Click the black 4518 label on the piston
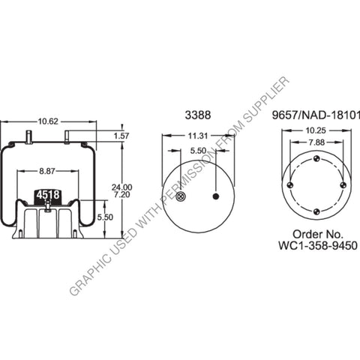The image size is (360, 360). [48, 195]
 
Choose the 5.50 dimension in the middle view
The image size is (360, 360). [199, 151]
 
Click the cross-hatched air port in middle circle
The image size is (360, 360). [181, 197]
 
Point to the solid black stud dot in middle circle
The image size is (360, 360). [216, 197]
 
